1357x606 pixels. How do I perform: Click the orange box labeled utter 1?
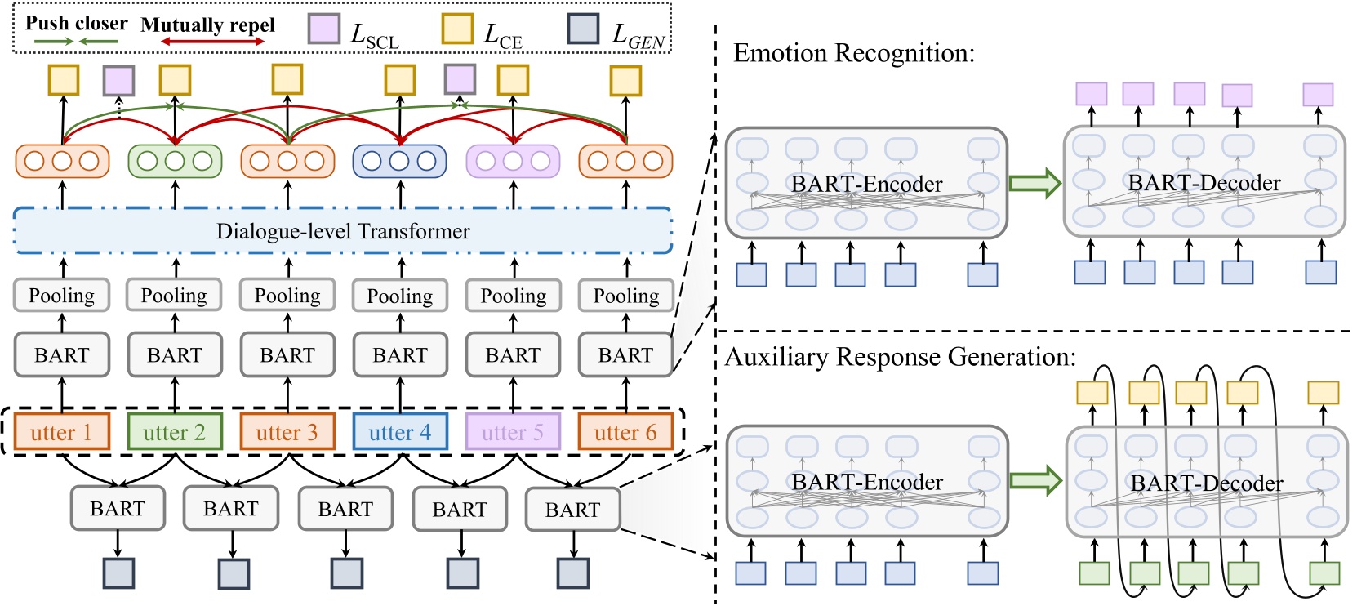click(x=62, y=432)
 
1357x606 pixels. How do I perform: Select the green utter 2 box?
click(x=175, y=432)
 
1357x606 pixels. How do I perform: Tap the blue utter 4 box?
click(x=400, y=432)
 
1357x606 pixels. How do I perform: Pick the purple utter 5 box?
click(x=513, y=432)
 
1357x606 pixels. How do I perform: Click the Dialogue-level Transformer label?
click(x=343, y=232)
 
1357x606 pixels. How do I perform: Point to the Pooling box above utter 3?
click(x=287, y=296)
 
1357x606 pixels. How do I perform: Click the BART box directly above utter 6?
click(x=625, y=355)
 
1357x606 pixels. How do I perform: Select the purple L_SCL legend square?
click(x=324, y=29)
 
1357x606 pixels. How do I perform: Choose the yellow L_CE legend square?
click(x=457, y=29)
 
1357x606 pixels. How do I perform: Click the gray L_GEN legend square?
click(x=583, y=29)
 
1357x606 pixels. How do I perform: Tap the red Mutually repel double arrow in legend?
click(x=212, y=42)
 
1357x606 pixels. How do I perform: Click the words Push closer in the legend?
click(x=76, y=23)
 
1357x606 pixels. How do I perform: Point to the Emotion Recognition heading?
click(x=854, y=54)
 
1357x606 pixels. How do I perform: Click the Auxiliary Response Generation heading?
click(x=901, y=358)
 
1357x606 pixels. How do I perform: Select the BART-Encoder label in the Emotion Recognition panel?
click(x=866, y=185)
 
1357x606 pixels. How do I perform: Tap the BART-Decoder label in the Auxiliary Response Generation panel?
click(x=1206, y=483)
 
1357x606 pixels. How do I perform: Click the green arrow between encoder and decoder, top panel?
click(x=1034, y=183)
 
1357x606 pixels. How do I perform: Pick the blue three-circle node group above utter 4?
click(x=399, y=161)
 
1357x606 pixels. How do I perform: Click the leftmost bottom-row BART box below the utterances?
click(x=118, y=509)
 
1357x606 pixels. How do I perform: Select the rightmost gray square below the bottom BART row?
click(x=573, y=573)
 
